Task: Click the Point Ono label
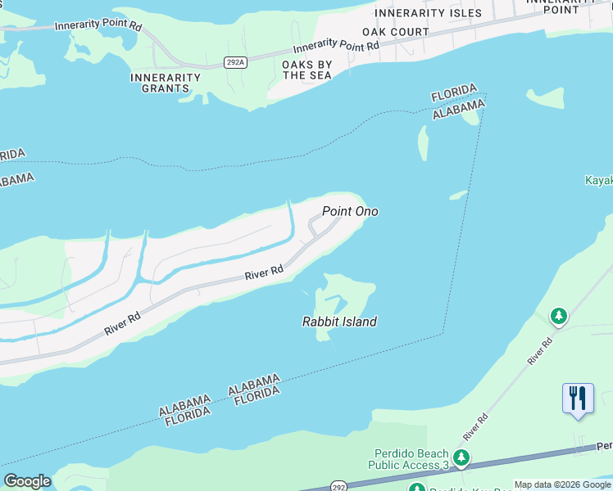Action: pyautogui.click(x=350, y=211)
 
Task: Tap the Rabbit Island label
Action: pyautogui.click(x=339, y=322)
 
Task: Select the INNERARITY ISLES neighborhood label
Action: pyautogui.click(x=428, y=13)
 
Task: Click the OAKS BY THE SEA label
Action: pyautogui.click(x=307, y=70)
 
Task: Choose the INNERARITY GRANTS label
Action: pyautogui.click(x=165, y=83)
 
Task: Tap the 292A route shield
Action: pyautogui.click(x=236, y=61)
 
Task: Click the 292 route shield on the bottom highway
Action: pyautogui.click(x=338, y=484)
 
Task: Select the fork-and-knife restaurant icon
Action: pyautogui.click(x=578, y=399)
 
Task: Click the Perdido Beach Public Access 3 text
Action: pyautogui.click(x=411, y=460)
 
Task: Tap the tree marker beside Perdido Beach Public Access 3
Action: pyautogui.click(x=462, y=457)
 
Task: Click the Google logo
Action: pyautogui.click(x=27, y=480)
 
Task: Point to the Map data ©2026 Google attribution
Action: pyautogui.click(x=562, y=484)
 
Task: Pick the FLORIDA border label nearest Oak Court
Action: pyautogui.click(x=454, y=92)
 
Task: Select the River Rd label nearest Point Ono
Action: pyautogui.click(x=265, y=272)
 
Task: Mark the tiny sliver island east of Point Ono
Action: pyautogui.click(x=458, y=195)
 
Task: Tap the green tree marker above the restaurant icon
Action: pyautogui.click(x=559, y=316)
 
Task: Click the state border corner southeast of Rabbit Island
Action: pyautogui.click(x=443, y=334)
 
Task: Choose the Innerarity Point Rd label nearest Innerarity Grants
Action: pyautogui.click(x=98, y=26)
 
